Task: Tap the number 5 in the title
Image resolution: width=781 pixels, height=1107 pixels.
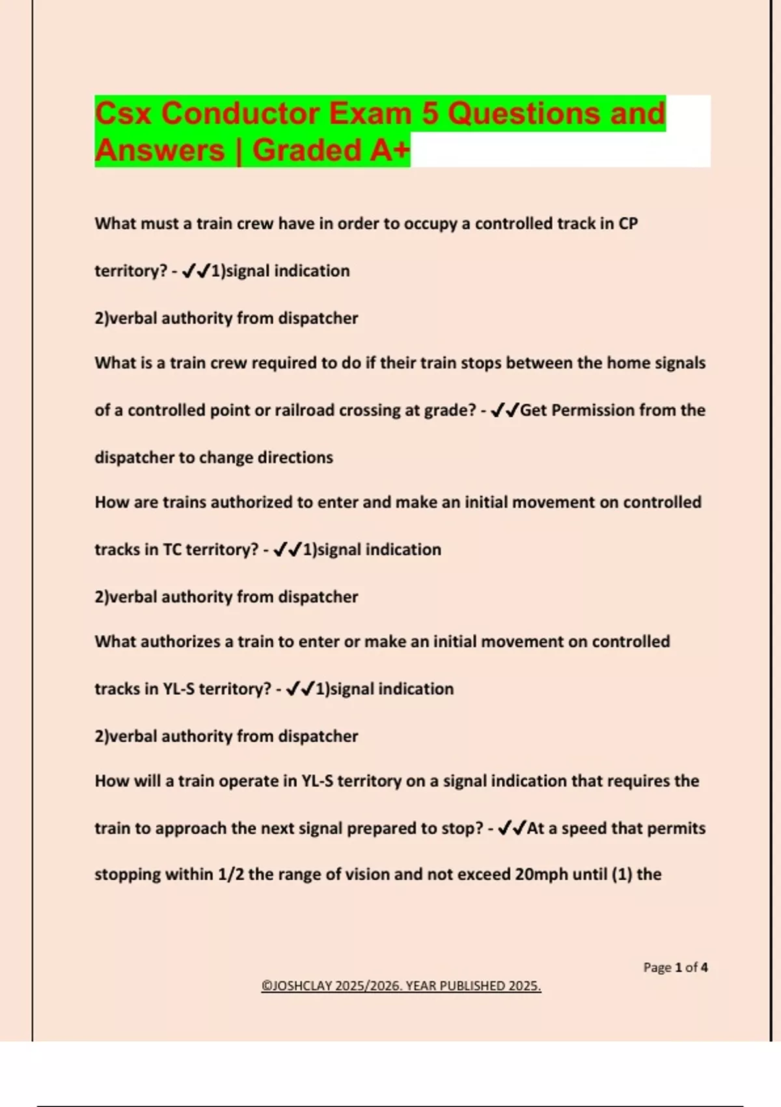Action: click(430, 113)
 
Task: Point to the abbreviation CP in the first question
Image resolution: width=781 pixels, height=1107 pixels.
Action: click(628, 223)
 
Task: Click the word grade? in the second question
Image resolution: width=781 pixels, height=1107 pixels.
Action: click(450, 410)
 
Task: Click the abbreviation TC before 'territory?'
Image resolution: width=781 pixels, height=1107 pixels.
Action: click(172, 550)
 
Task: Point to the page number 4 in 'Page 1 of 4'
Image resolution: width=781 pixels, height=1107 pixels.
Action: click(704, 968)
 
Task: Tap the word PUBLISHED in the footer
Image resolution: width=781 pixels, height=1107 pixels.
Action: click(473, 986)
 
